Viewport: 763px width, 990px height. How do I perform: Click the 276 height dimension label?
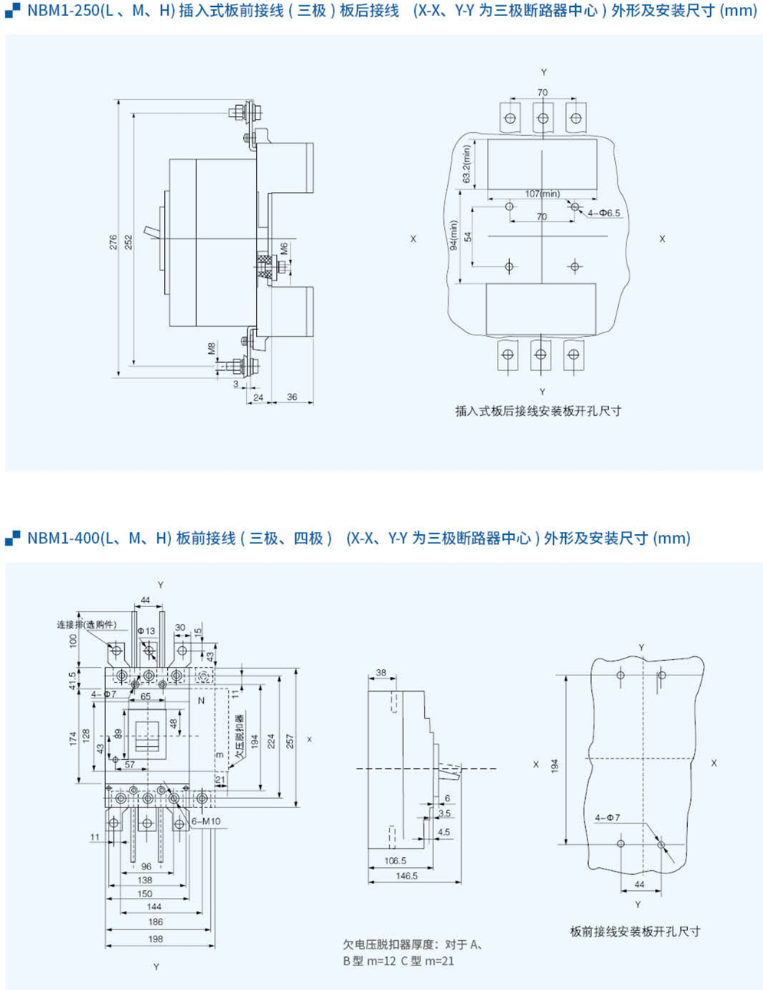point(113,243)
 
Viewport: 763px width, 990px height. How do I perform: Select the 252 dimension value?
point(129,243)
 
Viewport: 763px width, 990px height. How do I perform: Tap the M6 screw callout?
point(284,249)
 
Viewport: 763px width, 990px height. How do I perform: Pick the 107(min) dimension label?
point(542,193)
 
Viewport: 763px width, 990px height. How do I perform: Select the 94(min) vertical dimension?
point(453,236)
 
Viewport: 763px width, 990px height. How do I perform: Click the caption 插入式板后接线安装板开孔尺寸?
point(538,411)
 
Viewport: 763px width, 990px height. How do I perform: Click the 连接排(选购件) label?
point(86,624)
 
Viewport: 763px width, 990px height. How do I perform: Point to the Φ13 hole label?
point(146,631)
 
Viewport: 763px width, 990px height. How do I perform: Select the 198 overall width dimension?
point(156,939)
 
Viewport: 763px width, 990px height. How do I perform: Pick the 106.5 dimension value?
point(395,861)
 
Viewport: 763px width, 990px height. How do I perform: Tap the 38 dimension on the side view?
point(381,673)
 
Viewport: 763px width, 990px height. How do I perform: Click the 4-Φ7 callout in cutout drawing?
point(607,818)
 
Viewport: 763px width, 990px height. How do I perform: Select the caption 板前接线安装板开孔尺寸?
point(635,932)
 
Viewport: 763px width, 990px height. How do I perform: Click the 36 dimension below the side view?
point(292,397)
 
